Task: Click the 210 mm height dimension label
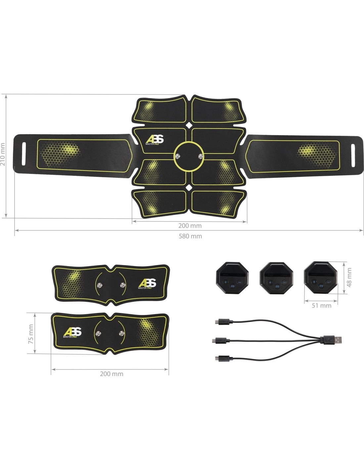[3, 154]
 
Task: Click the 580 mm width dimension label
[190, 236]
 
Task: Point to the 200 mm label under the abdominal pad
[190, 226]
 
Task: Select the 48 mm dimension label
[349, 278]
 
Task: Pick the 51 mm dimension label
[322, 305]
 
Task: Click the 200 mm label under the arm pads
[112, 374]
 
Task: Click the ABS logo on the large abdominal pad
[155, 140]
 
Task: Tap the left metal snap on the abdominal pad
[178, 156]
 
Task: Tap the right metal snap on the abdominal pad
[201, 156]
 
